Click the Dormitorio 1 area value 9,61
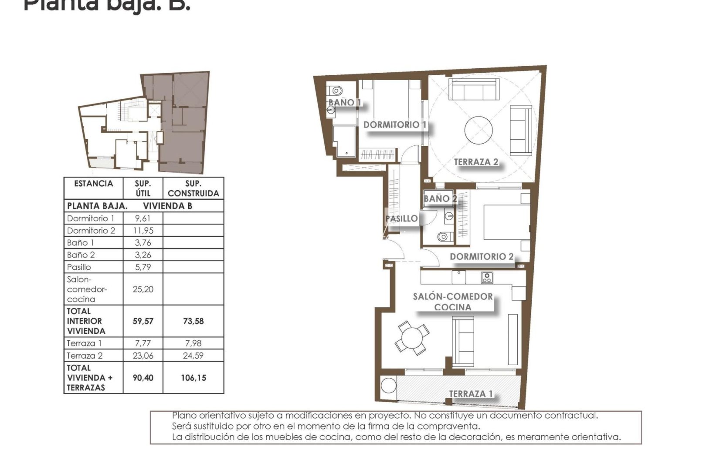point(143,218)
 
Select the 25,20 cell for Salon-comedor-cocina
point(143,289)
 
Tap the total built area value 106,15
point(193,378)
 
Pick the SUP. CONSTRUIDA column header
point(193,188)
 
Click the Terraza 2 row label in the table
point(85,356)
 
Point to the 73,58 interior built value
point(193,321)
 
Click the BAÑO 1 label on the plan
point(344,102)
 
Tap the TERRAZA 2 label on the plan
point(476,162)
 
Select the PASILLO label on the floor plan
point(401,218)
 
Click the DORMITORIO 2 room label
point(482,257)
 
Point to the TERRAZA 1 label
point(471,394)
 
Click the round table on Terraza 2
point(479,130)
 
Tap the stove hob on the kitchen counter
point(487,277)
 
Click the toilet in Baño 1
point(336,91)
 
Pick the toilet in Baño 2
point(443,237)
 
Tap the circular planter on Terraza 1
point(388,386)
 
